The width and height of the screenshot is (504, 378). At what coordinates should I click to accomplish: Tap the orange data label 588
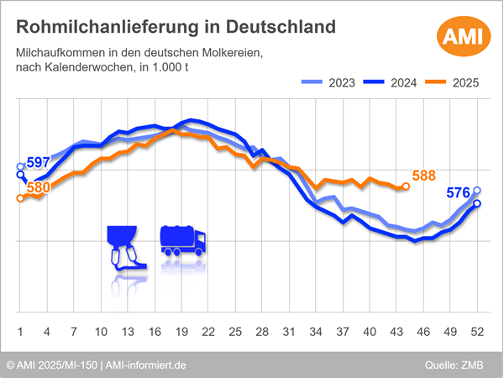tap(424, 176)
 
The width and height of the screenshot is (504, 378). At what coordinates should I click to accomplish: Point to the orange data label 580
tap(39, 187)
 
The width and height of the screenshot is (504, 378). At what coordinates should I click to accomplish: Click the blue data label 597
tap(39, 162)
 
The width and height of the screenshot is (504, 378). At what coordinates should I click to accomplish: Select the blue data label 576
tap(458, 193)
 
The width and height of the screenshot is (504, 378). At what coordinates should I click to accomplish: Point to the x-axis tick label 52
tap(477, 331)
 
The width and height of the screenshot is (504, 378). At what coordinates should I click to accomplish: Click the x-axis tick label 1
tap(20, 331)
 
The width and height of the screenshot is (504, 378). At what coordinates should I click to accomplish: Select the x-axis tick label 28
tap(262, 331)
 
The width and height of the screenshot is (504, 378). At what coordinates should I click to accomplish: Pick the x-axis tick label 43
tap(396, 331)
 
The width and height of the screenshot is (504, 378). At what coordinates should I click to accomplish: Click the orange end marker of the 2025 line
tap(406, 186)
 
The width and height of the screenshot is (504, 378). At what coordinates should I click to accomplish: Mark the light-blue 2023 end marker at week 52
tap(477, 191)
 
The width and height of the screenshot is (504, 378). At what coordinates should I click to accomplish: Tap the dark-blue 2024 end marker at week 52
tap(477, 203)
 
